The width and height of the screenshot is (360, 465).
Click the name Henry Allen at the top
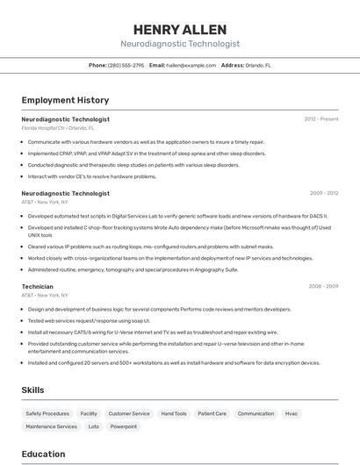pos(179,29)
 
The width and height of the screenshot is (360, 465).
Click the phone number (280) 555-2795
pos(126,65)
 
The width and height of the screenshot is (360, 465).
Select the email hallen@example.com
pos(191,65)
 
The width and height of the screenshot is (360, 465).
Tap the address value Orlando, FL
pos(258,65)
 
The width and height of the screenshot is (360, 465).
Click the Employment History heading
pos(65,101)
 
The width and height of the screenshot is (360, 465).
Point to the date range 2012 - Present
pos(321,119)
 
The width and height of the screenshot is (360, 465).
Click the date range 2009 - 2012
pos(324,193)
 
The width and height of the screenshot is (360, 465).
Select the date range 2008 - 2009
pos(323,287)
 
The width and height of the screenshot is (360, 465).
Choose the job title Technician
pos(37,287)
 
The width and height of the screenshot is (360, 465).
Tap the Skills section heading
pos(33,390)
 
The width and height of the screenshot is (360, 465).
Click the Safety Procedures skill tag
pos(47,413)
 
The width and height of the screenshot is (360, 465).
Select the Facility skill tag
pos(89,413)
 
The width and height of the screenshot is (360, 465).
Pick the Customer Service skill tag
pos(129,413)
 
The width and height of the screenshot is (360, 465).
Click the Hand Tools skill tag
pos(174,413)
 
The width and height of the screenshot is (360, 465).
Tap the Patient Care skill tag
pos(212,413)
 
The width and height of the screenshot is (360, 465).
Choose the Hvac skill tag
pos(292,413)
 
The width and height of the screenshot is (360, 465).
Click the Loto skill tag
pos(93,426)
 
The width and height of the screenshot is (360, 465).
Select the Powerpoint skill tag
pos(124,426)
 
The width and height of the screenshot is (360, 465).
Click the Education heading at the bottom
pos(43,454)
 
